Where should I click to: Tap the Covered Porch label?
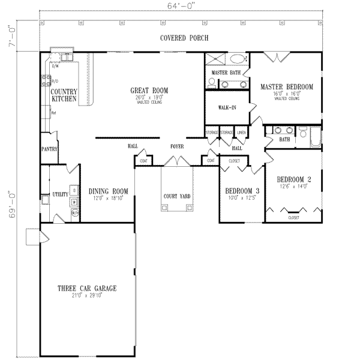click(x=184, y=38)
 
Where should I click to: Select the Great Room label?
click(x=149, y=91)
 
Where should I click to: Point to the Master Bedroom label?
click(x=287, y=87)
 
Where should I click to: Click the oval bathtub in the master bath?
click(x=238, y=60)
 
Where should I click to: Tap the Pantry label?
click(x=49, y=147)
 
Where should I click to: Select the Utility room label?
click(x=59, y=194)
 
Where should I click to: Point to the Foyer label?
click(x=176, y=146)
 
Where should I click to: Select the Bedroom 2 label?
click(x=293, y=179)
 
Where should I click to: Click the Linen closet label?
click(x=241, y=132)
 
